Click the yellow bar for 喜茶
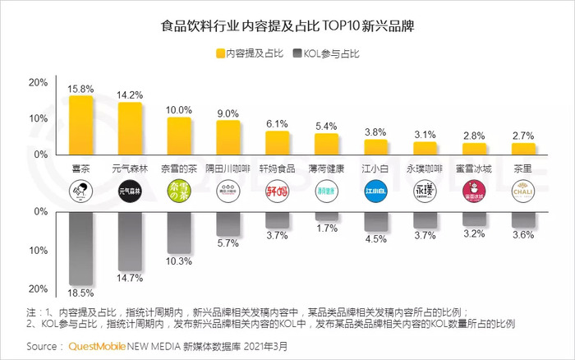[80, 125]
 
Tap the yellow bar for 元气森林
[130, 128]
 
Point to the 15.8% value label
[80, 89]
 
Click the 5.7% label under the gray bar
[228, 243]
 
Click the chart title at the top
[287, 25]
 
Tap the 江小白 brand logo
[375, 191]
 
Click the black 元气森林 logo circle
[130, 191]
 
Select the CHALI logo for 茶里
[523, 191]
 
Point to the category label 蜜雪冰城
[474, 168]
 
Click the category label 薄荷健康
[326, 168]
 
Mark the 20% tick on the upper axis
[38, 83]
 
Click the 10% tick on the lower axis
[38, 250]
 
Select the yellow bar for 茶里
[523, 148]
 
